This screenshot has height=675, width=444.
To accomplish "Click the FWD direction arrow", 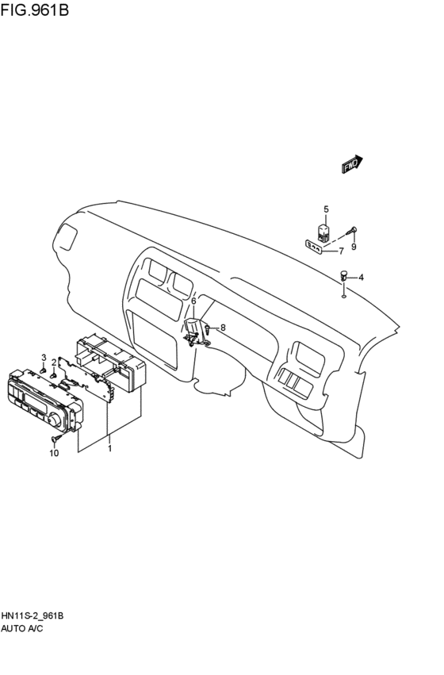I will coord(352,164).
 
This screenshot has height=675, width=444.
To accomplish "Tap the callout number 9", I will coord(354,246).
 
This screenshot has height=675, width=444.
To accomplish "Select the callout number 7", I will coord(341,251).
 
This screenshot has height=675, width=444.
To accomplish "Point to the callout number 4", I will coord(361,277).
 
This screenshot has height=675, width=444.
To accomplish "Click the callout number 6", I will coord(193,301).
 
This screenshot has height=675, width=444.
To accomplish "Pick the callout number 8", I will coord(223,327).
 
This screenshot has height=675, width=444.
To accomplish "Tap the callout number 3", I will coord(44,358).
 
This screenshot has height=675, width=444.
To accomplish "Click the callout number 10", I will coord(54,453).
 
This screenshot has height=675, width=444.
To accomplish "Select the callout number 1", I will coord(109,448).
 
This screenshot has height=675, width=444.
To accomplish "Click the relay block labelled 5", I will coord(324,232).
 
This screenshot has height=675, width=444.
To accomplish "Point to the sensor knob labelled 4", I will coord(343,276).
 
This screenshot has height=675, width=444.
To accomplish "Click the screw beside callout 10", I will coord(57,438).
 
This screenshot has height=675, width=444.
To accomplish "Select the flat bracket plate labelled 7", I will coord(315,248).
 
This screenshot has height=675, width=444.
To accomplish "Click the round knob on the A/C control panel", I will coord(56,418).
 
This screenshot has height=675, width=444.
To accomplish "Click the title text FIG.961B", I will coord(36,11).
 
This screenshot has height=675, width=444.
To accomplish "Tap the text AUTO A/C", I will coord(21,628).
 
